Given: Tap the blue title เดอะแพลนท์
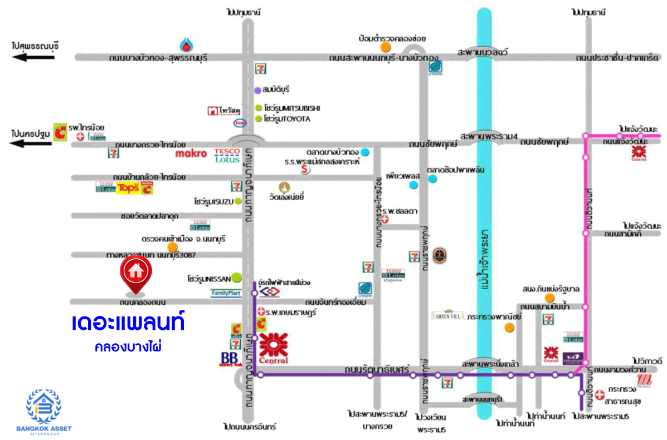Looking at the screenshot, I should pos(128,323).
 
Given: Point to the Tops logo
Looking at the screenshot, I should pos(127,188).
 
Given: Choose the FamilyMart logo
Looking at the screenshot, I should pos(226,293).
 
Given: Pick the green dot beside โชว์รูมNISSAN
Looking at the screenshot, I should pos(237,276).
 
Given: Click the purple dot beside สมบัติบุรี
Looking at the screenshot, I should pos(257,90).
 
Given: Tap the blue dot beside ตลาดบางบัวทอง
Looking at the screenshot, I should pos(365,152).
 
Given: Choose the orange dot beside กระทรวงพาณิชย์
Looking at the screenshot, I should pos(509,327).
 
